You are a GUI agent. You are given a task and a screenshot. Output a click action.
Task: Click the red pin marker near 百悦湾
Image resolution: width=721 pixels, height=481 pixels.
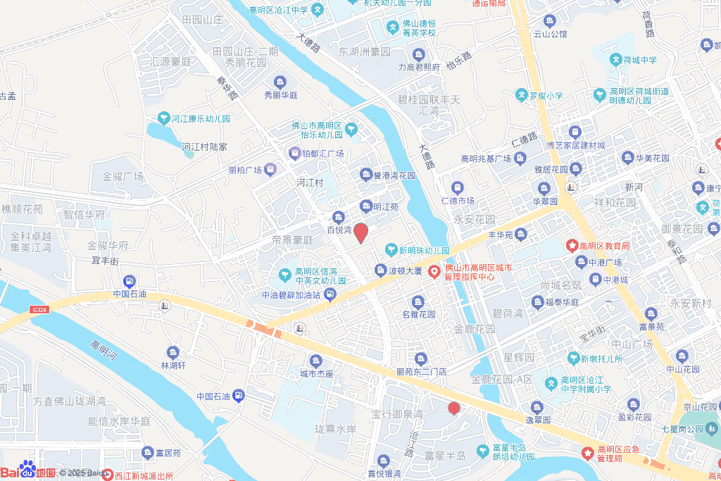pos(360,233)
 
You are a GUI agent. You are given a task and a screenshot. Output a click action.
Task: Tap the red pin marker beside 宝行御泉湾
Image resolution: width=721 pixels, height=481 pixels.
pos(454,408)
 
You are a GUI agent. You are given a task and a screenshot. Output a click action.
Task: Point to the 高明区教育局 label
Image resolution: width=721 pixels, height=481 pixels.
pos(603,246)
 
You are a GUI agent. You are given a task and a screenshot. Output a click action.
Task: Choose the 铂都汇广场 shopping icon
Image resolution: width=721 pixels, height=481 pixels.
pos(294,153)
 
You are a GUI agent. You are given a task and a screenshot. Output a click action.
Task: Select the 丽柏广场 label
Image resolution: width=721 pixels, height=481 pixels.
pos(245,170)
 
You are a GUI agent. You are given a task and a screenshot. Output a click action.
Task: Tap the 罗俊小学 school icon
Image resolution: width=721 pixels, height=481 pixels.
pos(521,95)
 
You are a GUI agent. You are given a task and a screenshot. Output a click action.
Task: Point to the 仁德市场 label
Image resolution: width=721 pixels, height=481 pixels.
pos(457,201)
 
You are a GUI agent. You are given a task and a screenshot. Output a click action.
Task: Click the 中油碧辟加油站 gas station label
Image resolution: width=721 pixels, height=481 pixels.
pos(291,295)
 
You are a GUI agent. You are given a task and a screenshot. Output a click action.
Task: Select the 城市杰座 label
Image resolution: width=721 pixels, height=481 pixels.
pos(316,373)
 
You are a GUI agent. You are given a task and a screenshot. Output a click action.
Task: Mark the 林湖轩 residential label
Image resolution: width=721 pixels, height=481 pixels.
pos(173,366)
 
